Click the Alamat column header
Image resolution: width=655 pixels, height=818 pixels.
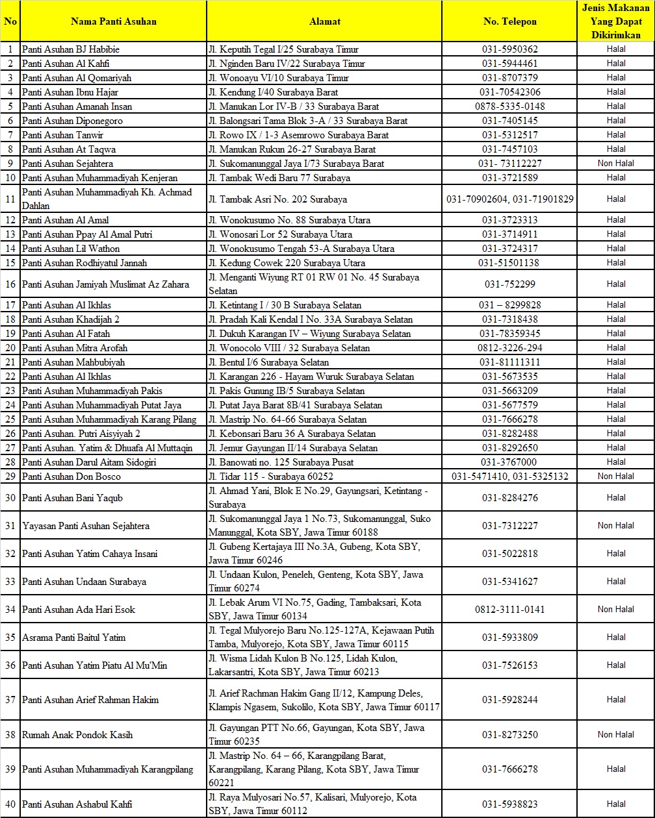[x=324, y=21]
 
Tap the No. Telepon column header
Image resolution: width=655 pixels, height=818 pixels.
[x=510, y=21]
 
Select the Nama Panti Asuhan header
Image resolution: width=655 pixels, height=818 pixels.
[x=114, y=21]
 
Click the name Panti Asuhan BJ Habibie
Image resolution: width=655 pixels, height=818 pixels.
[x=71, y=49]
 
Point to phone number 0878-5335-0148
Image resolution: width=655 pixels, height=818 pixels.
[x=510, y=106]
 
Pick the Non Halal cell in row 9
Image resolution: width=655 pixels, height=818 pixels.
[x=616, y=164]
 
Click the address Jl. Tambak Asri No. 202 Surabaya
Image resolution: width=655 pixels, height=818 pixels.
[x=278, y=199]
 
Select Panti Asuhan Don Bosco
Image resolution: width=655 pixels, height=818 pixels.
[x=71, y=477]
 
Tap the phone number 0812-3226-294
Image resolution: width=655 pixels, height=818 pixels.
[x=510, y=348]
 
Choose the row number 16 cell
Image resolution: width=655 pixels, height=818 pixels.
[x=10, y=284]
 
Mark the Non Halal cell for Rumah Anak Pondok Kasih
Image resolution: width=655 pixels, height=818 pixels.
[x=616, y=735]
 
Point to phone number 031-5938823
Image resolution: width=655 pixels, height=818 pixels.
[x=510, y=804]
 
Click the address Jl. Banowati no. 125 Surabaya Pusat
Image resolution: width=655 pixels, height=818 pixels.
[x=281, y=462]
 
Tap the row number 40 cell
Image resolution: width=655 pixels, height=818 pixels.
[x=10, y=804]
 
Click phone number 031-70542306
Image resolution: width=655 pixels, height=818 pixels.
[x=510, y=92]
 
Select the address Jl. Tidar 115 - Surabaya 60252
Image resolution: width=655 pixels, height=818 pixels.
[x=271, y=477]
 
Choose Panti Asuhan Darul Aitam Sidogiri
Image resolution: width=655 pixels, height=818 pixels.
[x=89, y=462]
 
